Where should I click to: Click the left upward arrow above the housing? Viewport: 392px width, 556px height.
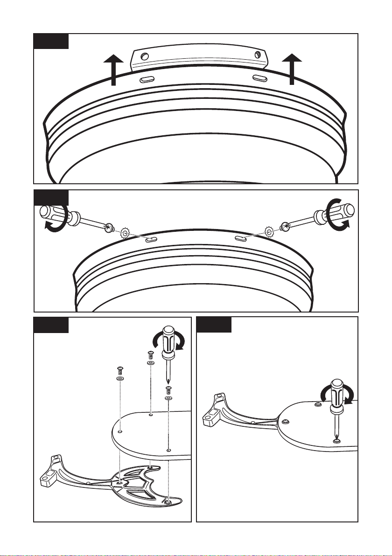113,70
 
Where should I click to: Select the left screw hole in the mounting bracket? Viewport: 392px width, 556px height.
145,57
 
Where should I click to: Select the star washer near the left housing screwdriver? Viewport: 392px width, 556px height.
125,232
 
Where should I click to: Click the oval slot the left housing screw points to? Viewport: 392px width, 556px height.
150,240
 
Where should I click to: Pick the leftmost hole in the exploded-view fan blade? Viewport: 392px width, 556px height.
120,432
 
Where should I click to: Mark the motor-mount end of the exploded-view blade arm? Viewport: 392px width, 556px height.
49,476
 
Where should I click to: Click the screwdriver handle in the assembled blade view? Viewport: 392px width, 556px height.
336,394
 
